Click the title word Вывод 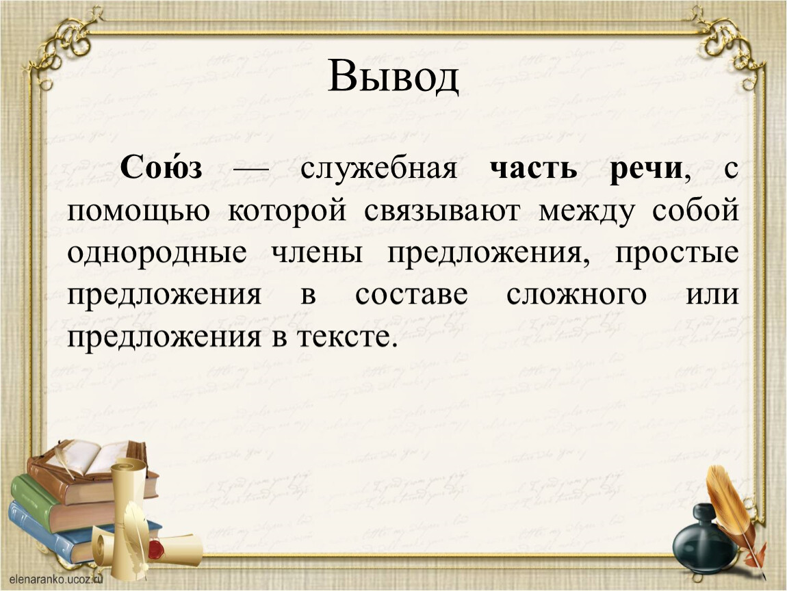tap(393, 76)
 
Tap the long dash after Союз tap(251, 170)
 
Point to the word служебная tap(379, 168)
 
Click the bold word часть tap(534, 169)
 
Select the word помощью tap(138, 211)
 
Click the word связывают tap(442, 211)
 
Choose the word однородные tap(157, 253)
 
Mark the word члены tap(318, 253)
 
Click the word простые tap(677, 253)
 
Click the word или tap(712, 295)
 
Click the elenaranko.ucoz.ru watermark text tap(56, 579)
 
